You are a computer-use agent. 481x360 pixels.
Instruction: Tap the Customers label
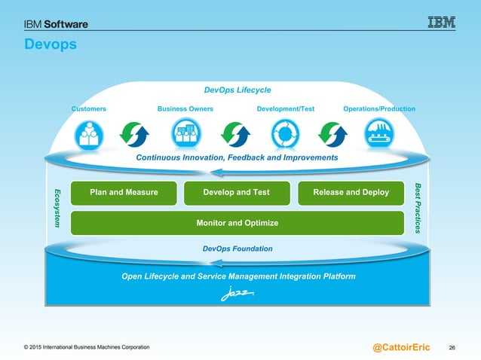pyautogui.click(x=89, y=109)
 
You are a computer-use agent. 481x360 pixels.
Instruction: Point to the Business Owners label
pyautogui.click(x=185, y=109)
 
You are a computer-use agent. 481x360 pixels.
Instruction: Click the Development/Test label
pyautogui.click(x=286, y=109)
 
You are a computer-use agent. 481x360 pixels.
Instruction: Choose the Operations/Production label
pyautogui.click(x=379, y=109)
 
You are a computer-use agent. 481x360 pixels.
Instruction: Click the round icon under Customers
pyautogui.click(x=89, y=134)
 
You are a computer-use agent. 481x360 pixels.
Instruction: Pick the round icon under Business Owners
pyautogui.click(x=185, y=134)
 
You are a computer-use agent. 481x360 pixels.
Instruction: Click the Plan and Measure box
pyautogui.click(x=124, y=193)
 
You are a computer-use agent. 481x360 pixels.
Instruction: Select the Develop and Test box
pyautogui.click(x=237, y=193)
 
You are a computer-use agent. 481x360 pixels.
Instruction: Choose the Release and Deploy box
pyautogui.click(x=352, y=193)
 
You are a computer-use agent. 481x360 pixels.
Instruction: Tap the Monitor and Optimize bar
pyautogui.click(x=237, y=223)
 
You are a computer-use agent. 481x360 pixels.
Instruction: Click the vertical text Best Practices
pyautogui.click(x=420, y=207)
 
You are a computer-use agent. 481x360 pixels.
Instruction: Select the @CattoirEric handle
pyautogui.click(x=402, y=346)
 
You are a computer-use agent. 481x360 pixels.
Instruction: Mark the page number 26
pyautogui.click(x=453, y=347)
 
